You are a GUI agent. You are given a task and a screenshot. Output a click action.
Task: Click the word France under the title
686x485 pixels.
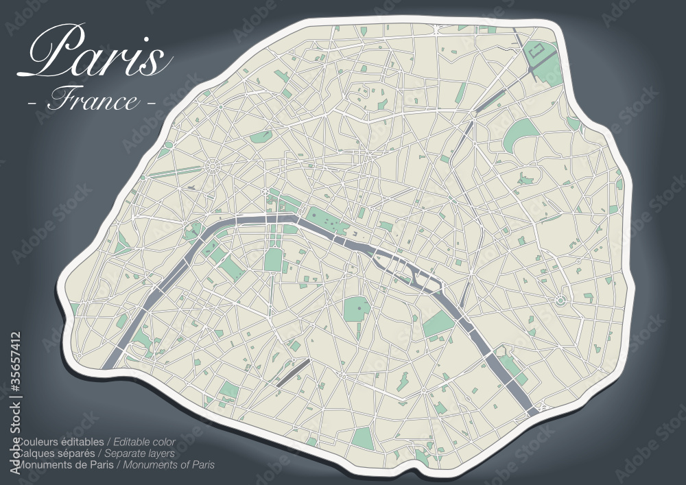(x=93, y=101)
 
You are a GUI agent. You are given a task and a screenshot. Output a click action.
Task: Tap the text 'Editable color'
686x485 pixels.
(x=144, y=442)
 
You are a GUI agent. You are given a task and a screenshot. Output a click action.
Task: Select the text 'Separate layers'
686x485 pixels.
(x=144, y=453)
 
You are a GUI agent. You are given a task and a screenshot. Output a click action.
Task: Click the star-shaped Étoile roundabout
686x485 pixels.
(x=212, y=165)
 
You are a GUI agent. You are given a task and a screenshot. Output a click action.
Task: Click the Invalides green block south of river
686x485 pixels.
(x=274, y=259)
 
